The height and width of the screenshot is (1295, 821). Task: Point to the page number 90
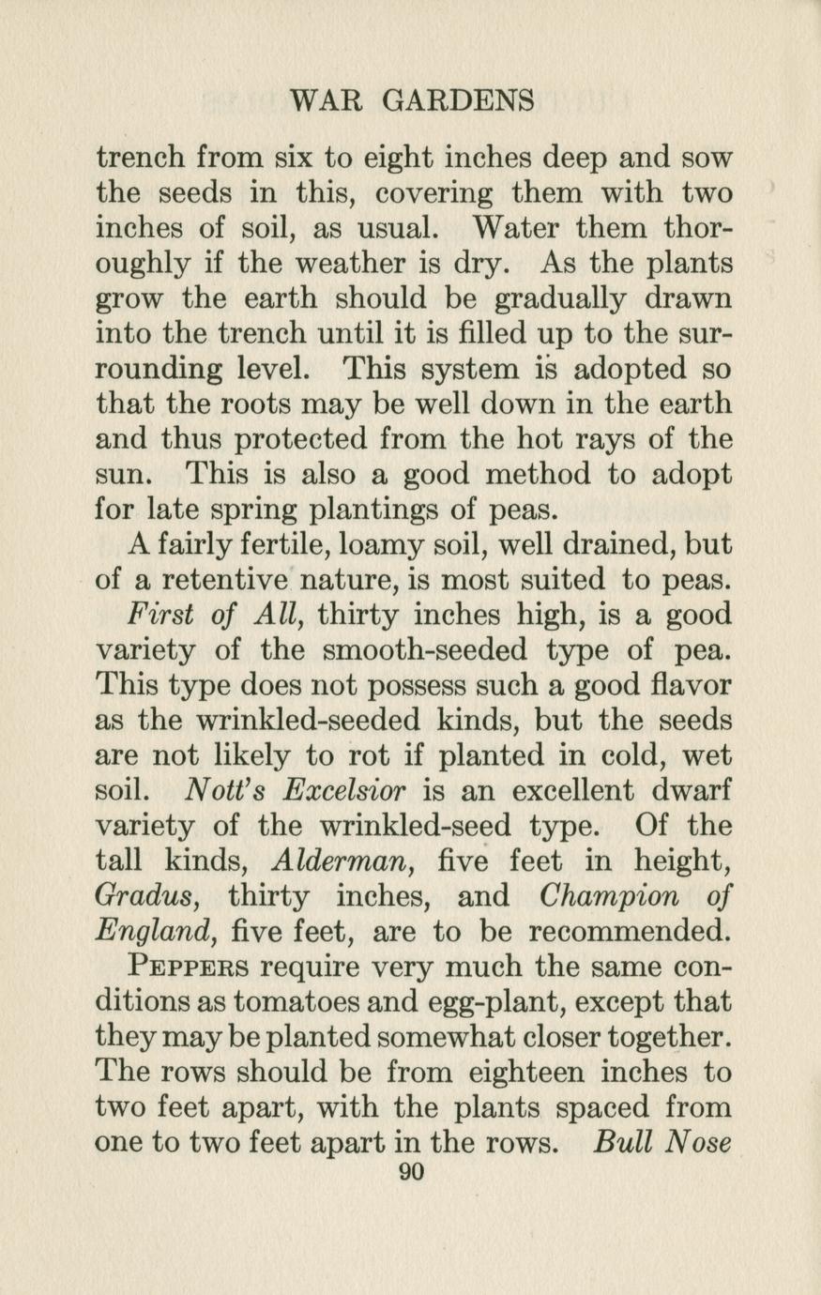click(412, 1172)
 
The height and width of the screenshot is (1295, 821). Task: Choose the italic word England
click(149, 932)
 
